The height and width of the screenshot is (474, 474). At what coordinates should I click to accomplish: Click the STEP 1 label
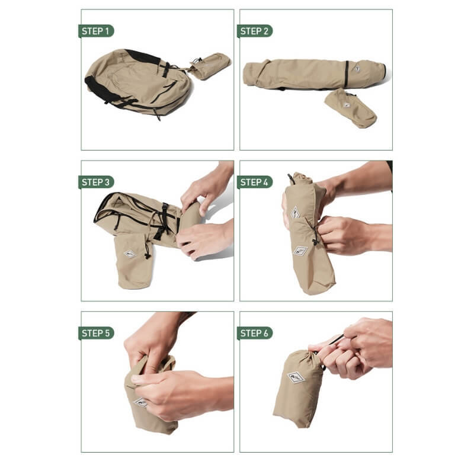pyautogui.click(x=96, y=31)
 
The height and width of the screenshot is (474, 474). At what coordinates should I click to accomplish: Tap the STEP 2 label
pyautogui.click(x=255, y=31)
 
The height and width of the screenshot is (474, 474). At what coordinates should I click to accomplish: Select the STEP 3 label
pyautogui.click(x=96, y=182)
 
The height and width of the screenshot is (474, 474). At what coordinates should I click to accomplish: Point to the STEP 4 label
pyautogui.click(x=255, y=182)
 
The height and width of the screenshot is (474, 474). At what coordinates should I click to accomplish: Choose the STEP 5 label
pyautogui.click(x=96, y=333)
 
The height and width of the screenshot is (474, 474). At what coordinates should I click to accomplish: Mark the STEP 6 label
pyautogui.click(x=255, y=333)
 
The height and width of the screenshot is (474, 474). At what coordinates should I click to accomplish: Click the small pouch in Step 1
pyautogui.click(x=211, y=66)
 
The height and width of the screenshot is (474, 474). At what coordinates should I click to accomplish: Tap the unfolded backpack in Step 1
pyautogui.click(x=138, y=83)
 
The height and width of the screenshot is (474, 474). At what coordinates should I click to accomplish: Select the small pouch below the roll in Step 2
pyautogui.click(x=351, y=108)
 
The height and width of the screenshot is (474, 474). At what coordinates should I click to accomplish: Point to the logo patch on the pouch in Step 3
pyautogui.click(x=130, y=254)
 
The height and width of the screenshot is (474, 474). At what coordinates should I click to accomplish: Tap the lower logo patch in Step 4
pyautogui.click(x=300, y=251)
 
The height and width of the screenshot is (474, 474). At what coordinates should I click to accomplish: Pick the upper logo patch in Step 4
pyautogui.click(x=295, y=213)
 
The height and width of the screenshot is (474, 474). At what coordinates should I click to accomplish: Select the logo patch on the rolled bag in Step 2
pyautogui.click(x=357, y=69)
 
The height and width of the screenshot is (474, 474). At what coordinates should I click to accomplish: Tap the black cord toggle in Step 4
pyautogui.click(x=316, y=241)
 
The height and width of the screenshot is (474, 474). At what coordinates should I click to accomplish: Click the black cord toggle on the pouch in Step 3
pyautogui.click(x=148, y=255)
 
